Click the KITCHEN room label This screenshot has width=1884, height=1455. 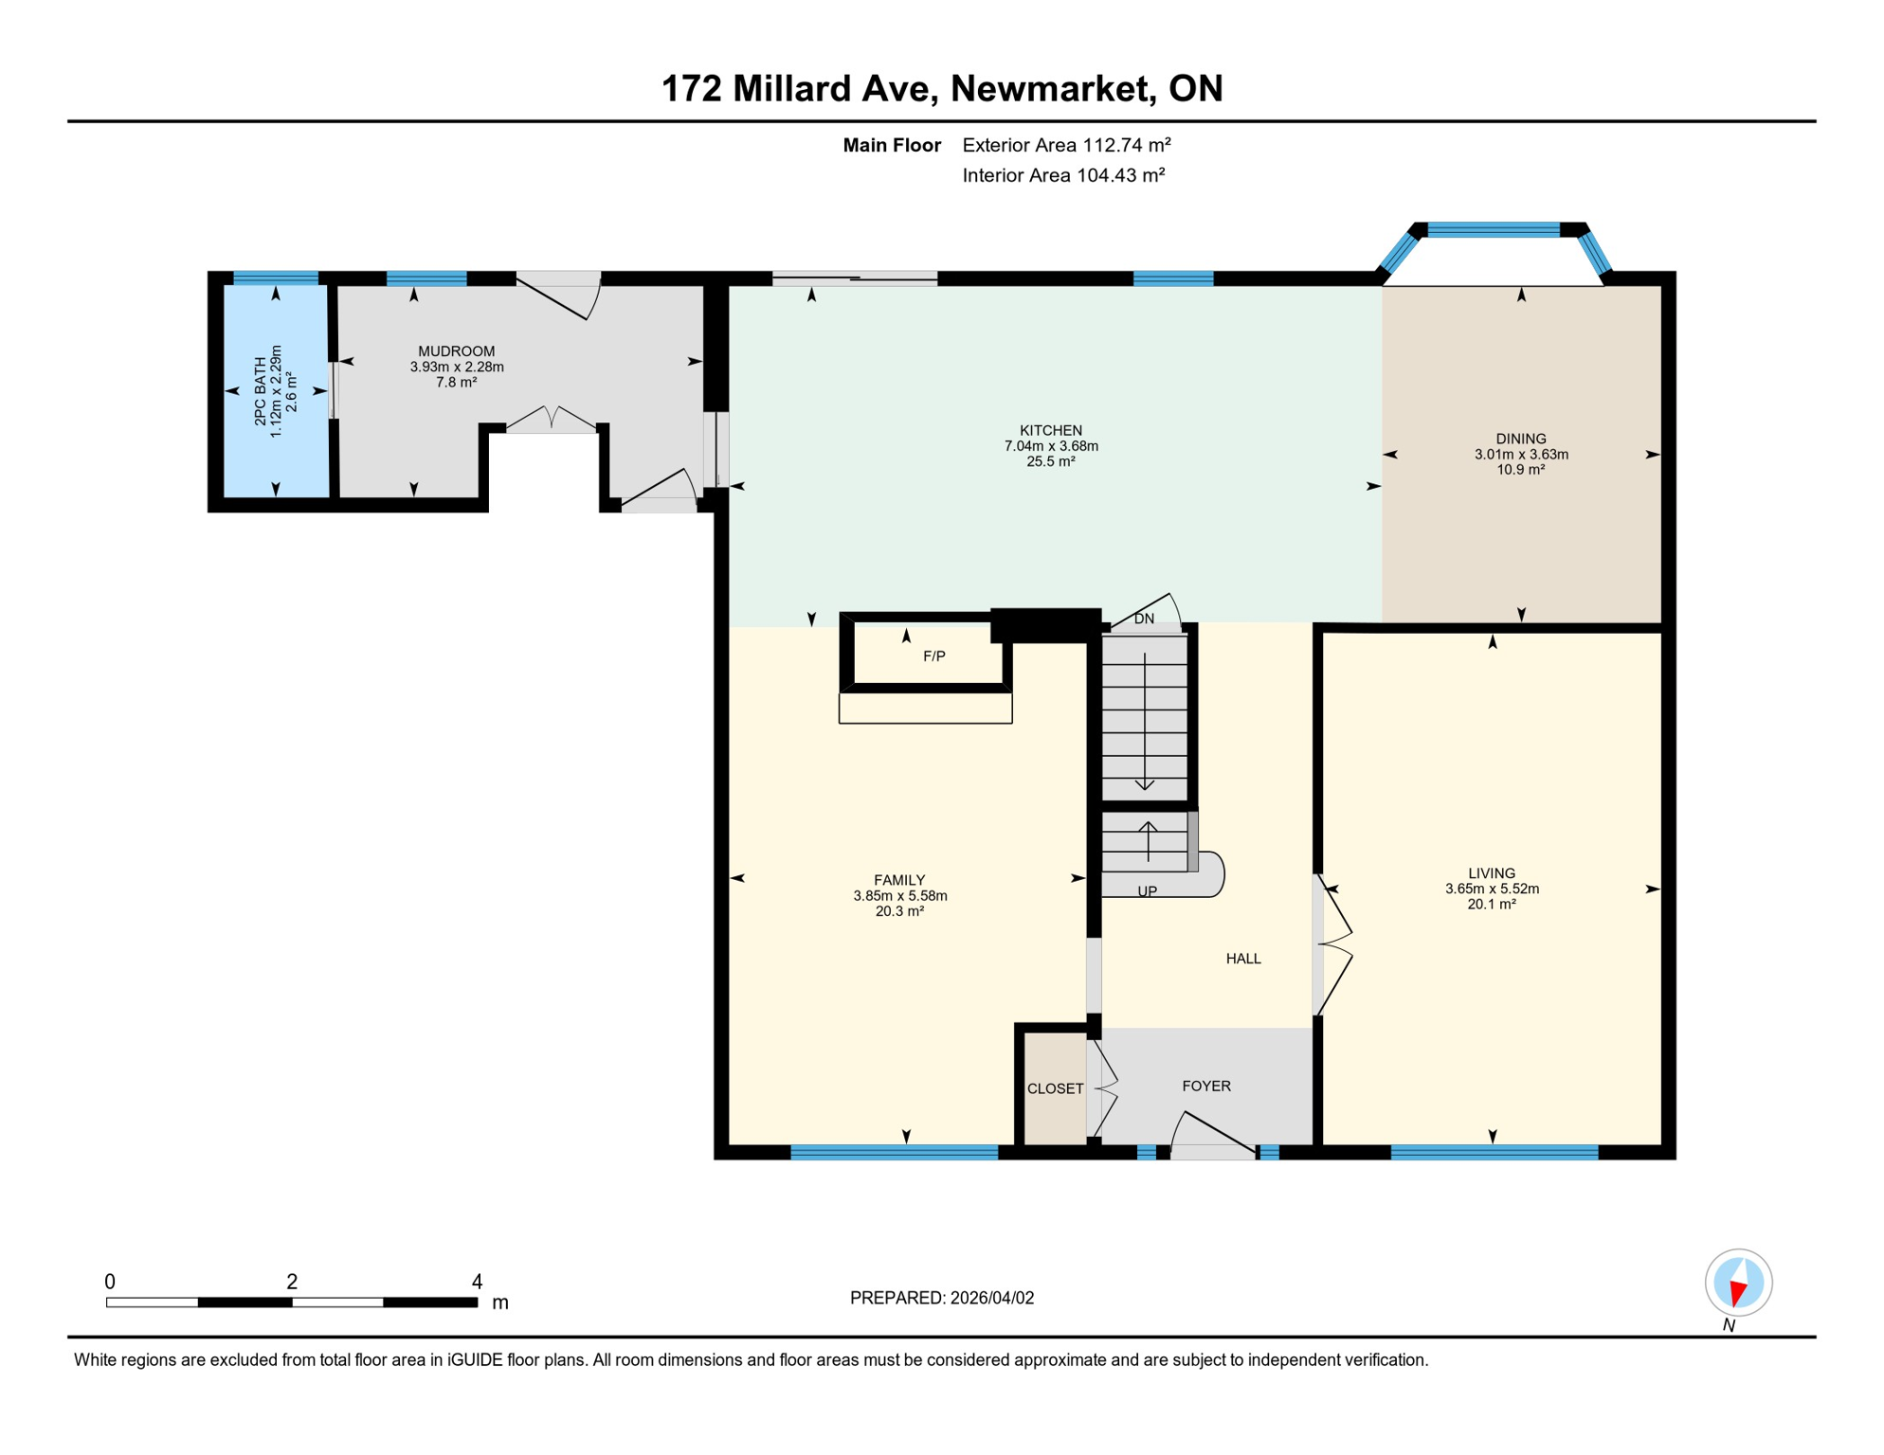(x=1050, y=430)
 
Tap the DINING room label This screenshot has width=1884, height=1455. (x=1520, y=439)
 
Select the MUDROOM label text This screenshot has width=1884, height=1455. (x=456, y=351)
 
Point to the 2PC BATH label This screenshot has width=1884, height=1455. (x=261, y=390)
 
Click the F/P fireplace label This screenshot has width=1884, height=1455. (x=933, y=656)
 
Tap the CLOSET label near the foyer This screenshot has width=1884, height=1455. (x=1055, y=1088)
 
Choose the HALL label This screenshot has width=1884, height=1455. (x=1242, y=959)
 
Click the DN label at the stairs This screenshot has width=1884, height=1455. (x=1144, y=619)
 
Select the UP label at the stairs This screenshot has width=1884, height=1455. (x=1147, y=891)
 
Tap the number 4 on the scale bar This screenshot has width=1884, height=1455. (x=477, y=1282)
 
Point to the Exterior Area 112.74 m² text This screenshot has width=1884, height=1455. (x=1066, y=145)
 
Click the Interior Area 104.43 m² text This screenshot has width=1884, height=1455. (x=1062, y=175)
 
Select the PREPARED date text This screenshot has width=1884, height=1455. (x=941, y=1298)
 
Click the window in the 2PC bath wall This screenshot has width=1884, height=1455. (x=276, y=278)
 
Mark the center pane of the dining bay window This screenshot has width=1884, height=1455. (x=1493, y=229)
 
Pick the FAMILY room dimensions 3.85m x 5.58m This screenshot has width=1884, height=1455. (x=899, y=895)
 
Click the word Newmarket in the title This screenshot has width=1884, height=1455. (x=1048, y=88)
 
